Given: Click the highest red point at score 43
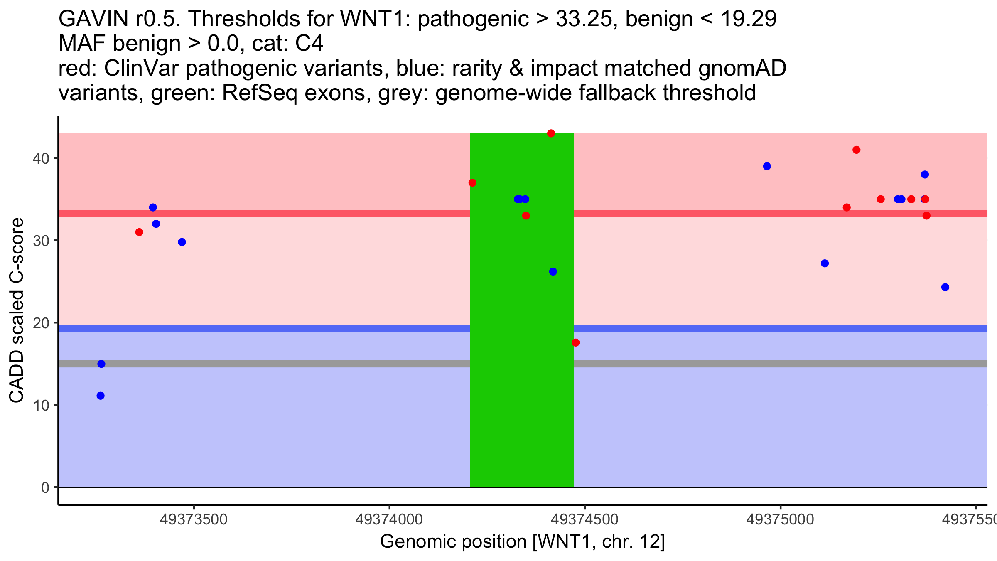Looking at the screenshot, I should point(551,133).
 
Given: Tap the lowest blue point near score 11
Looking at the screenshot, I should point(101,396).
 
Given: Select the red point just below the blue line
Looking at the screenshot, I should point(576,342).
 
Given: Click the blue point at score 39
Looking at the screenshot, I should point(767,166).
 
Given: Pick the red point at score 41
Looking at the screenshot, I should point(857,150).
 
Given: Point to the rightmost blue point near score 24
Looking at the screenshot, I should point(945,287).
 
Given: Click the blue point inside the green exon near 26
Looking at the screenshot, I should point(553,271).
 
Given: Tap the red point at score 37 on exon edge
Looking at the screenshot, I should point(472,183).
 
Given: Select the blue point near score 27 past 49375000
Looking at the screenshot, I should point(825,263).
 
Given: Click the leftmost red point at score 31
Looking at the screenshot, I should point(139,232).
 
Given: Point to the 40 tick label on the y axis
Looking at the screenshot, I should point(41,159).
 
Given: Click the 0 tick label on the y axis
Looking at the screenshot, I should point(45,488).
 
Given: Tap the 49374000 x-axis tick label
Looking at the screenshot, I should point(389,519).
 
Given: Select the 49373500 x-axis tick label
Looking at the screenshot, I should point(194,519).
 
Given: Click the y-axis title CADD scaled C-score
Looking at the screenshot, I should point(17,310).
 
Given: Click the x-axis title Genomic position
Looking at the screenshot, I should point(522,542).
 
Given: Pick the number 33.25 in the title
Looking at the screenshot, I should point(583,19).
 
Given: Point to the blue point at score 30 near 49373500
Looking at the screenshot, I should point(182,242).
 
